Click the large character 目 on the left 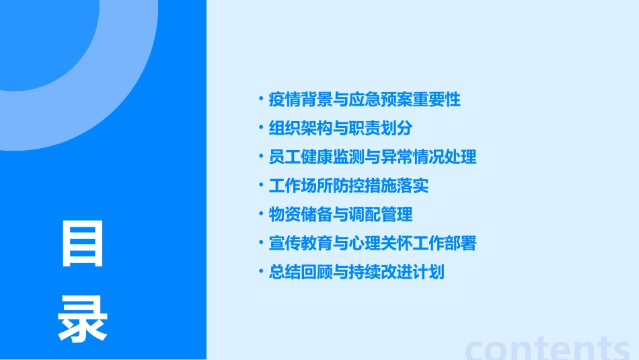83,244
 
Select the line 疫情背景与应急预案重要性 365,100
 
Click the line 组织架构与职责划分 340,128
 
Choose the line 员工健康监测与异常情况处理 373,157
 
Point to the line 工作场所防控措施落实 348,186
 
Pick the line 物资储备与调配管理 340,215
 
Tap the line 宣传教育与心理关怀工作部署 373,244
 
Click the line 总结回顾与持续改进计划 356,273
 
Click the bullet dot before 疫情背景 262,99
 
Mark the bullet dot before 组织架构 262,127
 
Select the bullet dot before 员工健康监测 262,156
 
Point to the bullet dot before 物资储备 262,214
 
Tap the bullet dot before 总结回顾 262,272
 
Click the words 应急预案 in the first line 381,100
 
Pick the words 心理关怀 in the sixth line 381,244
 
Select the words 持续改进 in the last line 381,273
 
